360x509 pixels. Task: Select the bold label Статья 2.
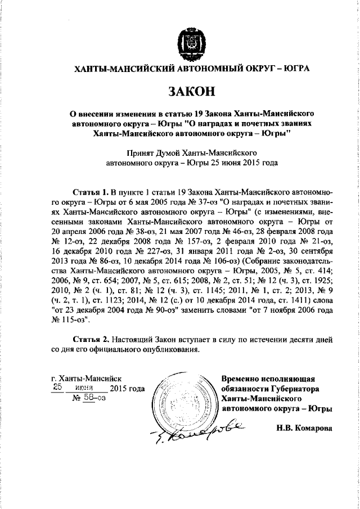click(x=91, y=340)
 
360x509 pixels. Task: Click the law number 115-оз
click(x=77, y=319)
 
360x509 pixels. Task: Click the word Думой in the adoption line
click(x=168, y=152)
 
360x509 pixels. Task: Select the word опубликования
click(x=170, y=350)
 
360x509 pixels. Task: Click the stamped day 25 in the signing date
click(x=57, y=388)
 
